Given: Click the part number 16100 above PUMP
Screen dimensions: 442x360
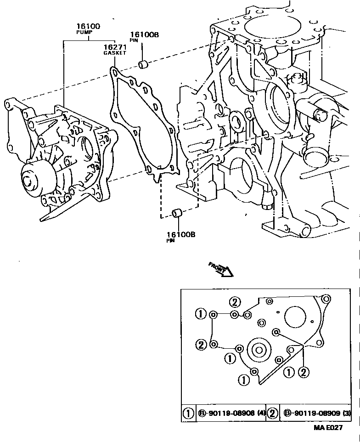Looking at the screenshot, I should (x=89, y=27).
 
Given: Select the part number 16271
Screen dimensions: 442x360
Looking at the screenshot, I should (x=114, y=47).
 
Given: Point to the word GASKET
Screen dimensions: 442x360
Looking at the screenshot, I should (x=114, y=53).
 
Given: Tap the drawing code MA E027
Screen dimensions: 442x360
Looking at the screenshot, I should (x=328, y=428).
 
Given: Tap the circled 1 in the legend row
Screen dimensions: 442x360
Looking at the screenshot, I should (x=188, y=414).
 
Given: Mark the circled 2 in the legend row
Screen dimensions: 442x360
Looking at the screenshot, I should (x=272, y=414).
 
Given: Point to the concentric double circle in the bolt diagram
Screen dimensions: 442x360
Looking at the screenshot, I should (x=259, y=351).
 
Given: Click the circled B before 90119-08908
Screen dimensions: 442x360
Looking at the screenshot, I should (x=201, y=414).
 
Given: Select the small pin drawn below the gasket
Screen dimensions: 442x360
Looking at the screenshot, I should (x=178, y=214).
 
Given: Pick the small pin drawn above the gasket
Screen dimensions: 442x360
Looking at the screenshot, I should (x=143, y=62).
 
